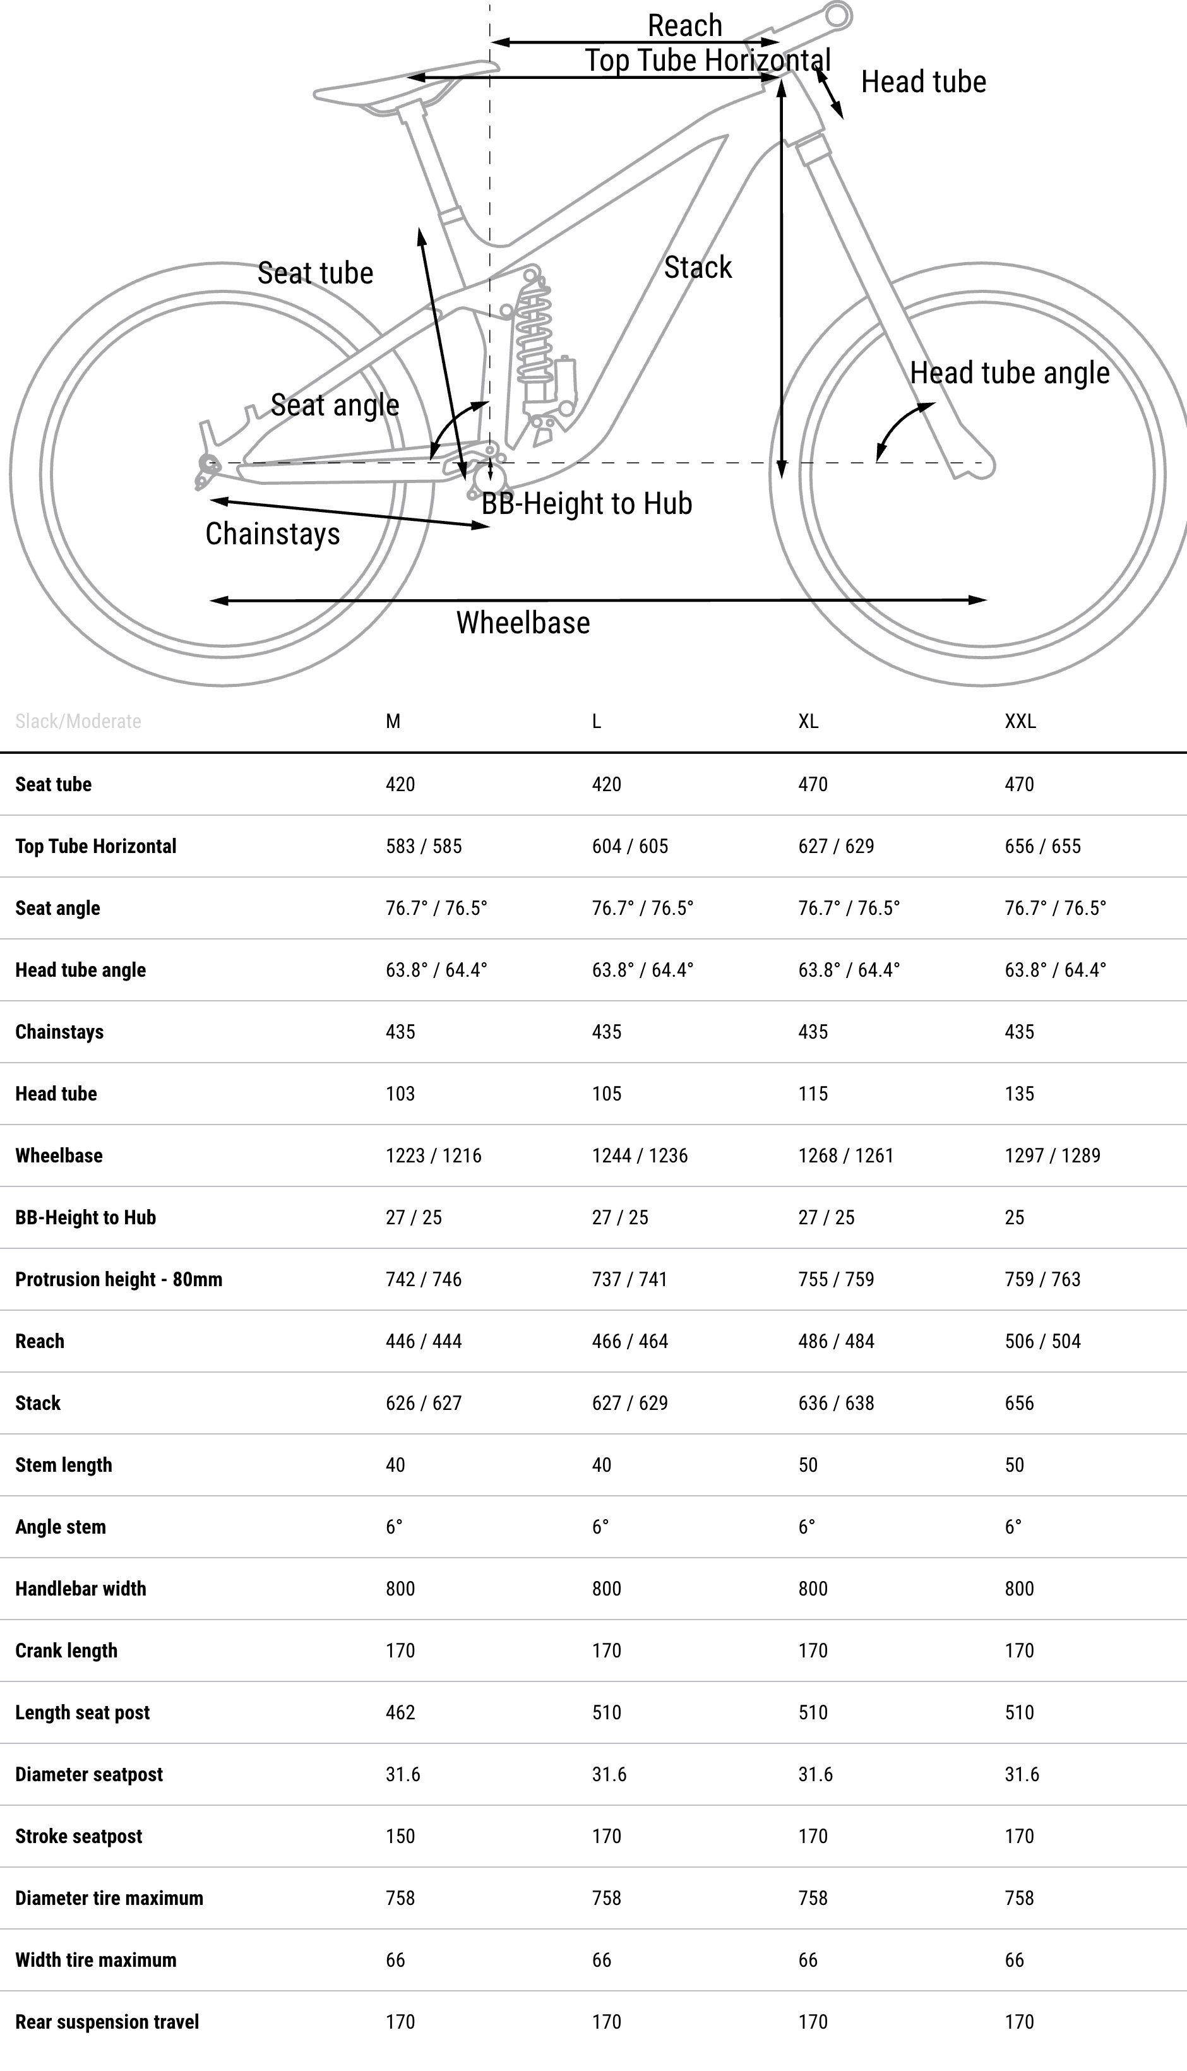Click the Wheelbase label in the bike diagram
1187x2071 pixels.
[523, 623]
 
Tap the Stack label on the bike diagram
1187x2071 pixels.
[697, 267]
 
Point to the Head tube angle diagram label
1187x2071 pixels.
[1010, 373]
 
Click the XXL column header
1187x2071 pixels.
[1020, 721]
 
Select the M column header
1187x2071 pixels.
[393, 721]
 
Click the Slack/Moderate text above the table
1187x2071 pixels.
[78, 721]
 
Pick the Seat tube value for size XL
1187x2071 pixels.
[813, 784]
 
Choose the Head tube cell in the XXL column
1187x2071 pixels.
[1019, 1094]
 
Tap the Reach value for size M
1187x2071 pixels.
[423, 1342]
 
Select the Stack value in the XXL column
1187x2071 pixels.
[1019, 1404]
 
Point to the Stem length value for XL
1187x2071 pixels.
[808, 1465]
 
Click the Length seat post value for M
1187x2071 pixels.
[400, 1712]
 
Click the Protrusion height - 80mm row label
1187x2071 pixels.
[118, 1280]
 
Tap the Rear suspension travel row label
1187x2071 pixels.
[107, 2022]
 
